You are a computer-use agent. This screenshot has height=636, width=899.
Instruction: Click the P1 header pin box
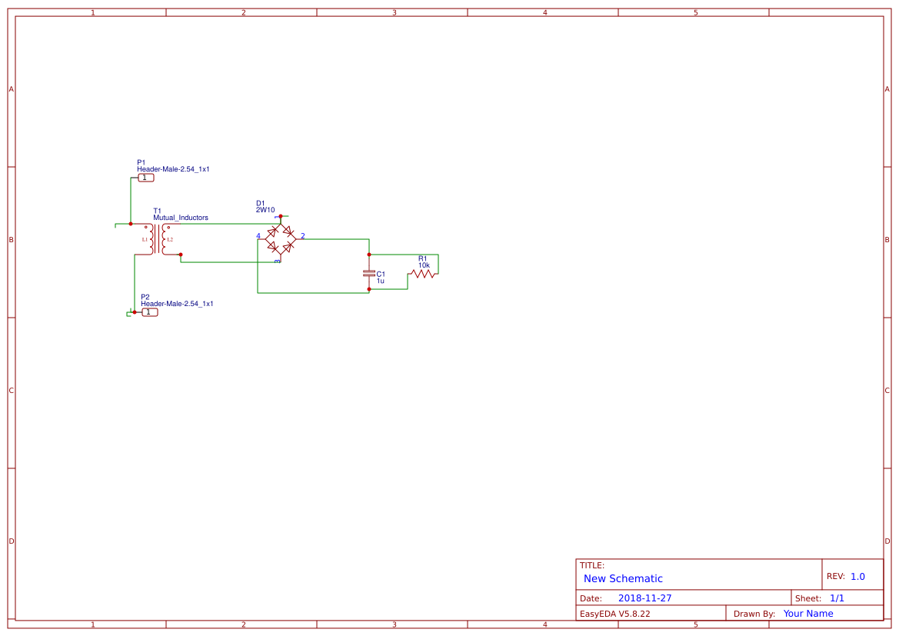(x=146, y=178)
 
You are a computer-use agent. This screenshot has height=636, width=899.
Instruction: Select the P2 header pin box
(x=149, y=312)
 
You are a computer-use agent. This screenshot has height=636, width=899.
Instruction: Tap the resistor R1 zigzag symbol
(x=422, y=273)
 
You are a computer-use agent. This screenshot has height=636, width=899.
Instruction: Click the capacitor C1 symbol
(x=369, y=273)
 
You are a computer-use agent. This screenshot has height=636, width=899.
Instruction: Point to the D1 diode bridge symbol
(x=280, y=238)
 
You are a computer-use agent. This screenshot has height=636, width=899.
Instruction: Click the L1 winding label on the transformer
(x=145, y=240)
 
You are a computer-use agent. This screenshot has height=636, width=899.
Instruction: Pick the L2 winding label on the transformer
(x=170, y=240)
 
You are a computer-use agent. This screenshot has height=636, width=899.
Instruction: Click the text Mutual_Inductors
(x=181, y=218)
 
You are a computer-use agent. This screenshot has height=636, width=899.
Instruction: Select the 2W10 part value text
(x=265, y=209)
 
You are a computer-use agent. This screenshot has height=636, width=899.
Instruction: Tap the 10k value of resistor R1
(x=424, y=265)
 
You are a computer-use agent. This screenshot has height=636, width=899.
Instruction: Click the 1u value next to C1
(x=380, y=281)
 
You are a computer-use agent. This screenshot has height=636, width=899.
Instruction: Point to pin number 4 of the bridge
(x=258, y=236)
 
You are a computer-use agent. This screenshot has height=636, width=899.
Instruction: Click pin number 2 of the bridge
(x=302, y=236)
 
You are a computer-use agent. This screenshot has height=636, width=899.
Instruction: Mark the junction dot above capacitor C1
(x=369, y=254)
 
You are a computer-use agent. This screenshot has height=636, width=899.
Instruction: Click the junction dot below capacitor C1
(x=369, y=289)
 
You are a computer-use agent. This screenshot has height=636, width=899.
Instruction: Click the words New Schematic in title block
(x=623, y=578)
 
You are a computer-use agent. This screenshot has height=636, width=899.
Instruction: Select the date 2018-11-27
(x=644, y=598)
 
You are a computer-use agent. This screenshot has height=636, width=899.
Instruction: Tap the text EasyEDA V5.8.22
(x=614, y=614)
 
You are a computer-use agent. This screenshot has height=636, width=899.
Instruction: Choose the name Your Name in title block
(x=808, y=614)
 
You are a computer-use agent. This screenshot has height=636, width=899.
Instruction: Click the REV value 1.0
(x=857, y=576)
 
